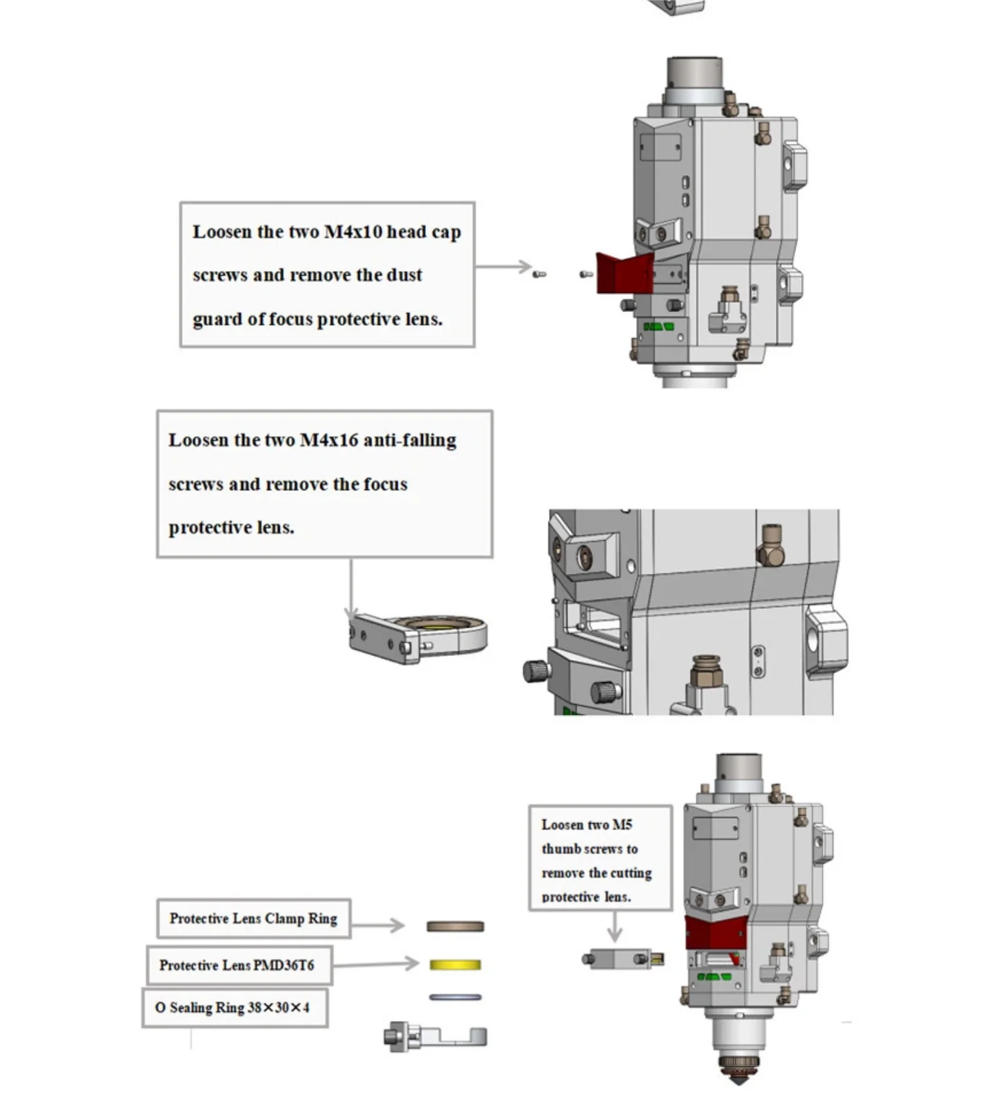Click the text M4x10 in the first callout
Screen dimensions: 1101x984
(352, 232)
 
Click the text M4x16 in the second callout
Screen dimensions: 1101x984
(329, 440)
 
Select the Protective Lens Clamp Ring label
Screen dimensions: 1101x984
(253, 919)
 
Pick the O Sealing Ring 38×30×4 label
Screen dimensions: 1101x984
(233, 1008)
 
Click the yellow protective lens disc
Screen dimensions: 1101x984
(455, 965)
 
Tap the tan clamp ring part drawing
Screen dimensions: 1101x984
(455, 926)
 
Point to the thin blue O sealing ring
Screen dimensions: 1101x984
(455, 997)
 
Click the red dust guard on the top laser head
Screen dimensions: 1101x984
(622, 273)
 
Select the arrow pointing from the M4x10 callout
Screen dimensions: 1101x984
(504, 267)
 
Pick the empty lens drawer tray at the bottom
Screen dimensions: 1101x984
(435, 1037)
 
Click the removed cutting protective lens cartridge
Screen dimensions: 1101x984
(622, 959)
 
